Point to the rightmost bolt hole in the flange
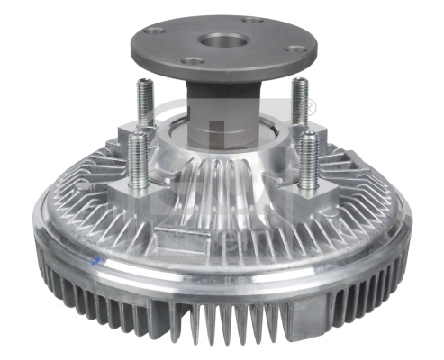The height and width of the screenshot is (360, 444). [296, 49]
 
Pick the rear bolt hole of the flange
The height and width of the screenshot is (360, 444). [254, 21]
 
